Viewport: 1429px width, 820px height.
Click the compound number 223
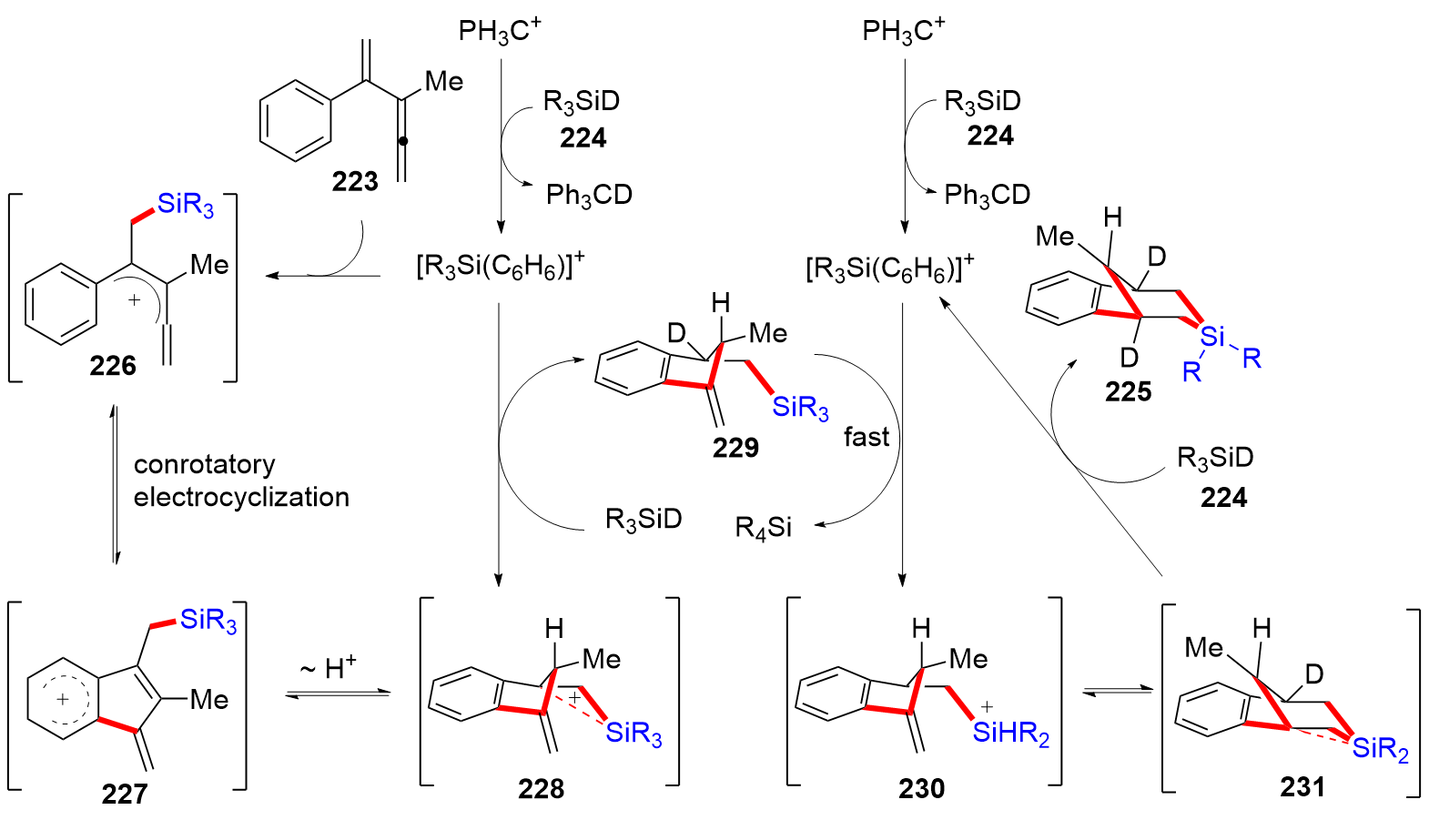[x=355, y=182]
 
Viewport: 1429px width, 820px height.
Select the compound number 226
[x=113, y=366]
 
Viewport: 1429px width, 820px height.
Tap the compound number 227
[x=125, y=794]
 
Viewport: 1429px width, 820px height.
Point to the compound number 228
[x=541, y=788]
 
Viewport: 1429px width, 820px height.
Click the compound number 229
[x=735, y=447]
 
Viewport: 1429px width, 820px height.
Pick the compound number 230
[x=921, y=788]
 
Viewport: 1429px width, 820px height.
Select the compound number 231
[x=1302, y=786]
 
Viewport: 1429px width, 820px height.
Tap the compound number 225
[x=1128, y=391]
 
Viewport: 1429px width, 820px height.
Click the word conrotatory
[x=204, y=464]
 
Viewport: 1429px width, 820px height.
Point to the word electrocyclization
[x=241, y=497]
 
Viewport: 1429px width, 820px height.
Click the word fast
[x=866, y=438]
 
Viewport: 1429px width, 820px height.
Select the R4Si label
[x=763, y=528]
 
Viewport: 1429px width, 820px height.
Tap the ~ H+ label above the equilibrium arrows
[x=328, y=669]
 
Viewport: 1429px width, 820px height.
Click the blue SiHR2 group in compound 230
[x=1010, y=733]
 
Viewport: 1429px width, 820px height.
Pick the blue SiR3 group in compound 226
[x=185, y=205]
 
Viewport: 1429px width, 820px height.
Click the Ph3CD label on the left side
[x=589, y=195]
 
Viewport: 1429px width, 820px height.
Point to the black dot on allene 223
[x=403, y=142]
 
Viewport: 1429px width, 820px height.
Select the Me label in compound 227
[x=209, y=700]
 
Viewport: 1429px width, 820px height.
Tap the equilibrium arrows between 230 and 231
[x=1117, y=693]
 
